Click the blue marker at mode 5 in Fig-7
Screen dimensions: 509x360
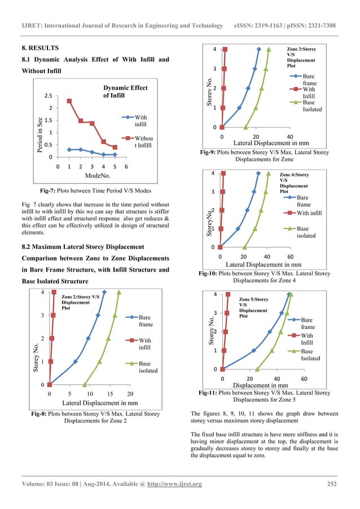pyautogui.click(x=115, y=154)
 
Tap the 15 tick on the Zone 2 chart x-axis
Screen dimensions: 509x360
pyautogui.click(x=109, y=393)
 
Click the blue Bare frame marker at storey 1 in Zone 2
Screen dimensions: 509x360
pyautogui.click(x=75, y=361)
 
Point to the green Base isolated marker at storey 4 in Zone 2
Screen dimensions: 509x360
pyautogui.click(x=118, y=292)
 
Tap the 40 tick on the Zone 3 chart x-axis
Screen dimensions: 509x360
pyautogui.click(x=290, y=137)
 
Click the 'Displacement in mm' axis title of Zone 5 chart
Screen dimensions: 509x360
pyautogui.click(x=261, y=385)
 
